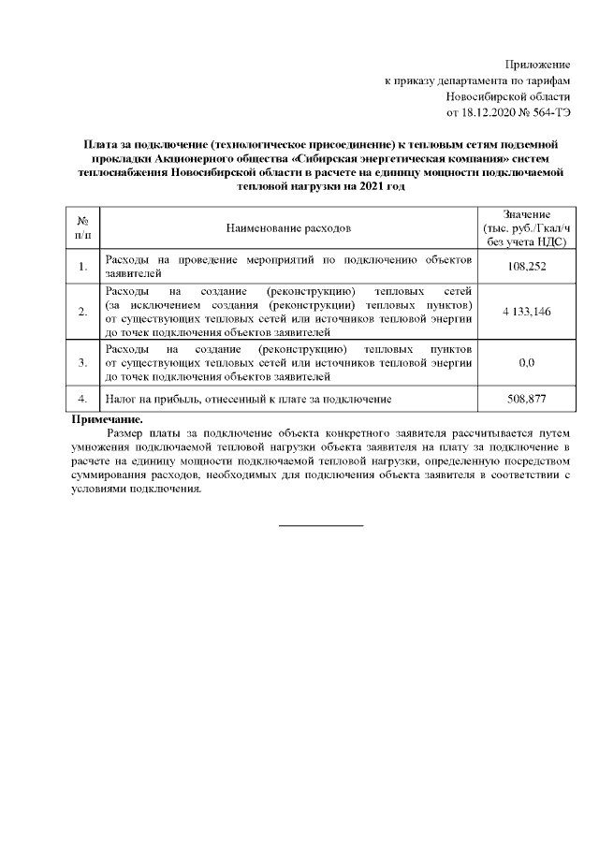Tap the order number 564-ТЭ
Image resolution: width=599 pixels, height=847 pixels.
(x=550, y=113)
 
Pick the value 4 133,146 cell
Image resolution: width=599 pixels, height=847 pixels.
(x=524, y=311)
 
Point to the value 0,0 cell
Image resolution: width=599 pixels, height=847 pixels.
(x=524, y=361)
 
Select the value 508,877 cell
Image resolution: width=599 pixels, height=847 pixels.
(x=524, y=400)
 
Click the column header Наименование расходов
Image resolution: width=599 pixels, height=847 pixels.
(x=288, y=227)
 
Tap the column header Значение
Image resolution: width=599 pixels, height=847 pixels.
(x=524, y=215)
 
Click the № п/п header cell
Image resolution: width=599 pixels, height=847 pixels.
(x=82, y=227)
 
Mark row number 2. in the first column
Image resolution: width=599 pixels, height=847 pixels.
(x=82, y=311)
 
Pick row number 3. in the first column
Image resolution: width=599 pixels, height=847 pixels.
(x=82, y=361)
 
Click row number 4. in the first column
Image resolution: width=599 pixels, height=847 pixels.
(x=82, y=400)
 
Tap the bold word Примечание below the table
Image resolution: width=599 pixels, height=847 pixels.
(x=108, y=420)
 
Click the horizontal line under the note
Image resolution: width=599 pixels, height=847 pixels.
(x=321, y=525)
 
